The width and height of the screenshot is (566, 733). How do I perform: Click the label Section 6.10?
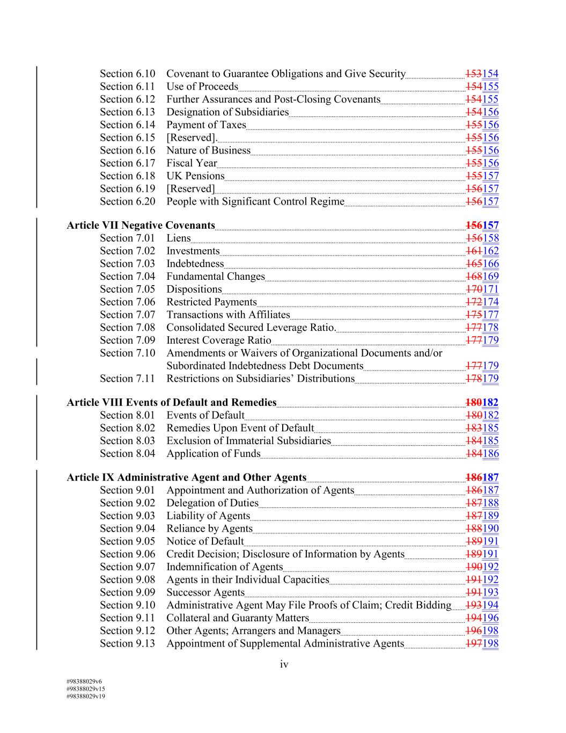coord(127,74)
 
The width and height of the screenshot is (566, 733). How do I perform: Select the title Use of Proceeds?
coord(202,86)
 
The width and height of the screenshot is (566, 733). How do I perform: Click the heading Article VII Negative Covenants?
coord(141,226)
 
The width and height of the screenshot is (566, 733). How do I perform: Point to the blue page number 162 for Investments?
coord(491,251)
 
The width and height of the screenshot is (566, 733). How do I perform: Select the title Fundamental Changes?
coord(216,277)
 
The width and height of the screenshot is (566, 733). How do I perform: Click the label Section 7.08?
coord(127,328)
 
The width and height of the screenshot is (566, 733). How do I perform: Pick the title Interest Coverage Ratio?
coord(218,340)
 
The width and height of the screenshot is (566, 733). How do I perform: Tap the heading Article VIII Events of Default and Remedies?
coord(171,402)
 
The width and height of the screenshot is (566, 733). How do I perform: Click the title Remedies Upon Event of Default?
coord(240,428)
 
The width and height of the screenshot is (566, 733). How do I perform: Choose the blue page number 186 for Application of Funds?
coord(491,454)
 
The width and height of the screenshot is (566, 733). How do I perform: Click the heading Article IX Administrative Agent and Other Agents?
coord(186,477)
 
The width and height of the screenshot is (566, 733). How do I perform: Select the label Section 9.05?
coord(127,541)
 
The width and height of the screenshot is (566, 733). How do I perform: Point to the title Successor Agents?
coord(205,592)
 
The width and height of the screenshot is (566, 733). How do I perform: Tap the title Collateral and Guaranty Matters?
coord(238,618)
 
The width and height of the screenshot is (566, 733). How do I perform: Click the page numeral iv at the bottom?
coord(284,665)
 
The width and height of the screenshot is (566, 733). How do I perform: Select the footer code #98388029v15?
coord(85,688)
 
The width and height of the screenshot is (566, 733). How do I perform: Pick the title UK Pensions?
coord(195,176)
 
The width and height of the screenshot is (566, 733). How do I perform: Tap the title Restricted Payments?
coord(211,302)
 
